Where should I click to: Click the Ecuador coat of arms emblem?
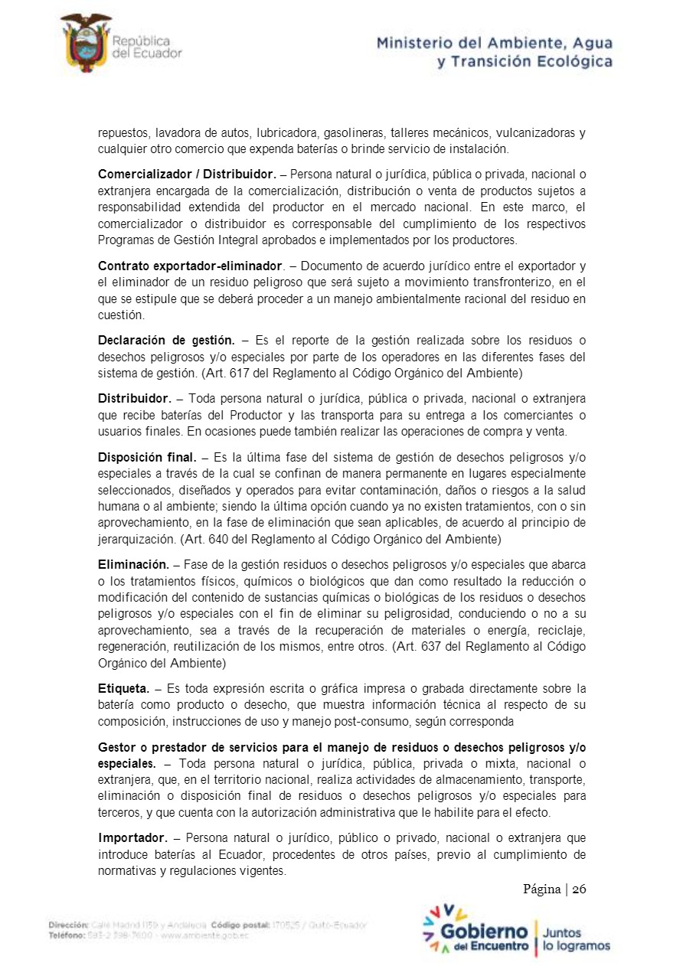pyautogui.click(x=85, y=43)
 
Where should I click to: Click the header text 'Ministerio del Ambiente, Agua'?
pyautogui.click(x=494, y=44)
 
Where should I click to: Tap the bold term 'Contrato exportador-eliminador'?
pyautogui.click(x=191, y=266)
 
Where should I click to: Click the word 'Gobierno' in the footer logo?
pyautogui.click(x=483, y=932)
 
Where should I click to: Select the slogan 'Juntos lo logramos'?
pyautogui.click(x=576, y=939)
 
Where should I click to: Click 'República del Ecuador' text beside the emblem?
pyautogui.click(x=146, y=46)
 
